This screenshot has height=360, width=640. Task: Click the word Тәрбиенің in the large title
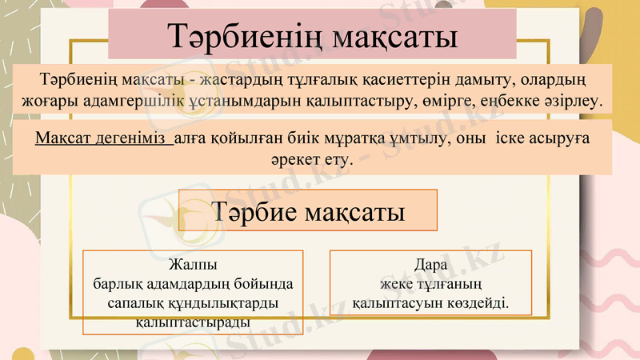(x=241, y=38)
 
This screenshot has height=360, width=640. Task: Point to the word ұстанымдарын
(x=237, y=103)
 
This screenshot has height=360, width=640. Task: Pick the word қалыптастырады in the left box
(x=193, y=322)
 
